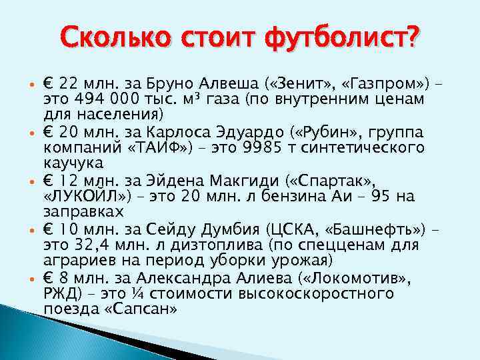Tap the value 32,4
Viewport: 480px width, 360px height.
pyautogui.click(x=95, y=245)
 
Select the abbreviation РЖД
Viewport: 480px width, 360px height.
pyautogui.click(x=60, y=293)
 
